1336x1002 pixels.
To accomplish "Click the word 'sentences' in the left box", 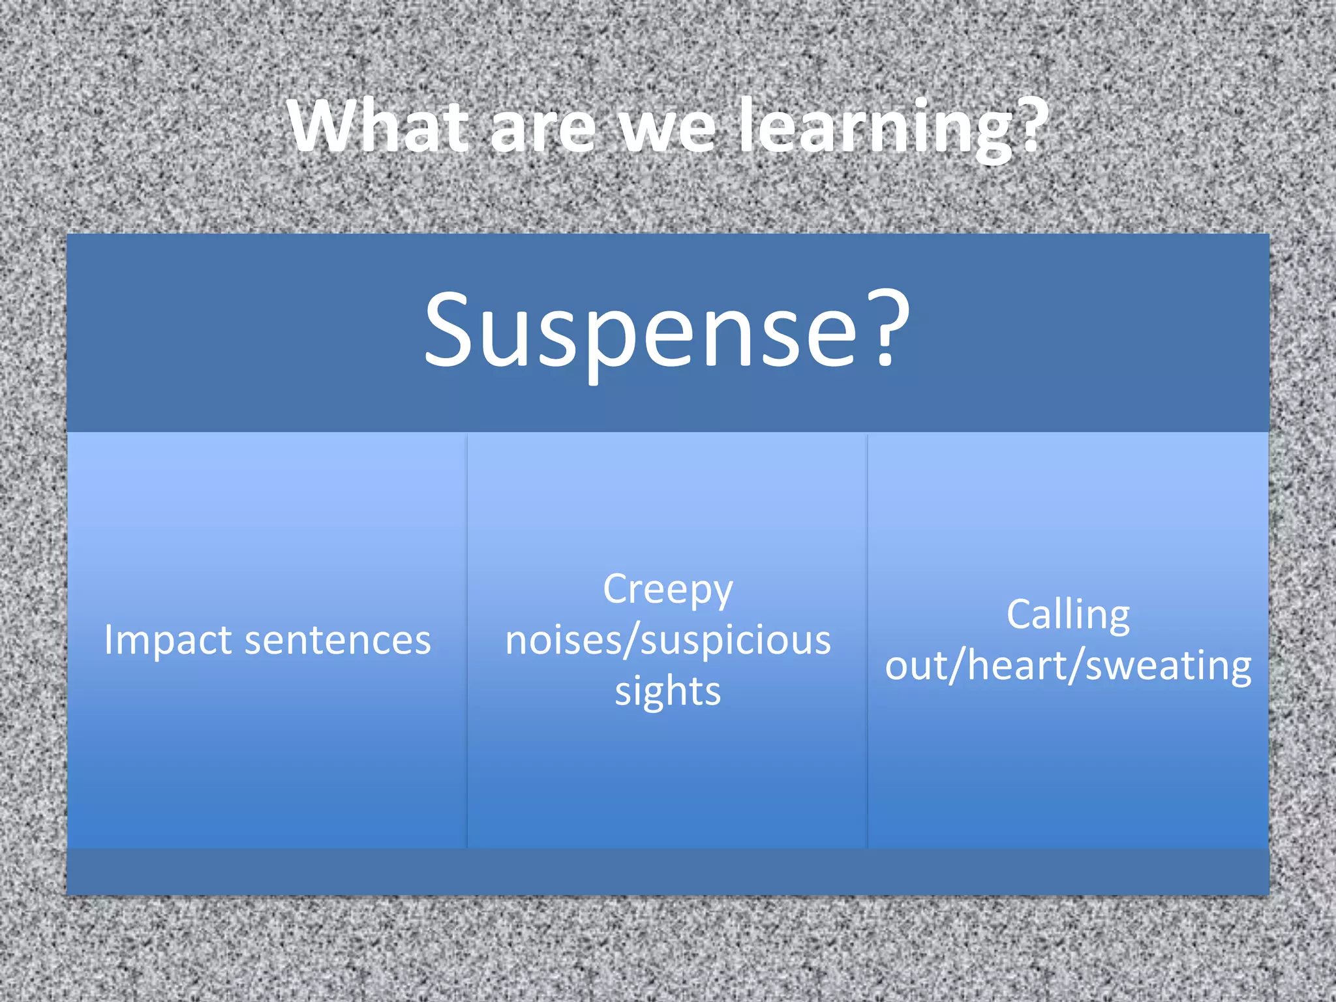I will point(337,641).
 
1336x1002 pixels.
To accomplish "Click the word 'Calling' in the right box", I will point(1068,616).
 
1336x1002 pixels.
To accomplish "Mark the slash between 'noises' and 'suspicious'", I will point(631,641).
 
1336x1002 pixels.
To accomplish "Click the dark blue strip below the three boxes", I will point(668,872).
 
